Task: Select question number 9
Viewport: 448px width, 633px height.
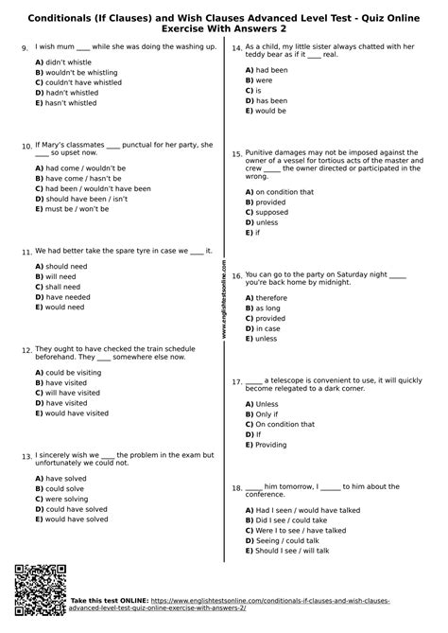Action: tap(24, 46)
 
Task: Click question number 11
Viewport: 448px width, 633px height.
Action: tap(26, 252)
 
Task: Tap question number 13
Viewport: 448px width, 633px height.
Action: tap(26, 456)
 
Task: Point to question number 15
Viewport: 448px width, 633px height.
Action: tap(237, 152)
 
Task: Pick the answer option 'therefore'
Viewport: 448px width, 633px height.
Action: tap(273, 297)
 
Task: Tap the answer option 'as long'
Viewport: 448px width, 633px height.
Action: tap(270, 308)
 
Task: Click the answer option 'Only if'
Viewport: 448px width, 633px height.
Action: tap(267, 413)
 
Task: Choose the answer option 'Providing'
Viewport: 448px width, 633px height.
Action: tap(271, 444)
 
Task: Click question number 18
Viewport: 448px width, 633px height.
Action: tap(237, 488)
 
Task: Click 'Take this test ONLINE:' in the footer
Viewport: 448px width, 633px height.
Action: tap(103, 600)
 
